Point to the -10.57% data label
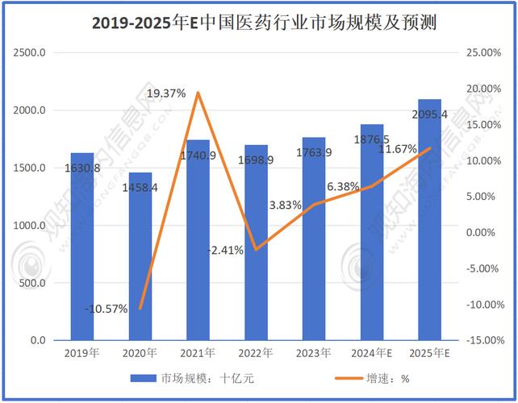(x=106, y=309)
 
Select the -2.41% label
(x=224, y=250)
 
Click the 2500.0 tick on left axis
(x=29, y=52)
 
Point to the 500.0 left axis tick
(x=32, y=283)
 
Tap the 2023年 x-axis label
(x=314, y=353)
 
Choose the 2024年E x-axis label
(x=372, y=353)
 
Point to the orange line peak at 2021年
(x=198, y=93)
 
